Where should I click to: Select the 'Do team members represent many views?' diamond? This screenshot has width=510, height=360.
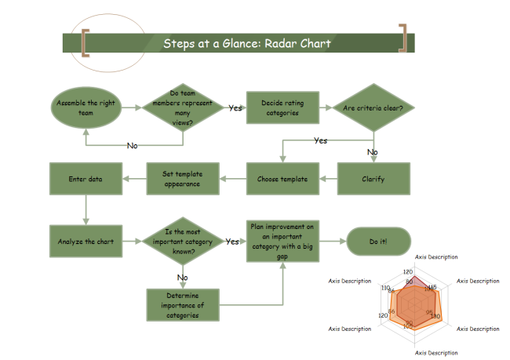[x=183, y=107]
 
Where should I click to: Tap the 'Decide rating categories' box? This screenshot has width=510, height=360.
[x=282, y=107]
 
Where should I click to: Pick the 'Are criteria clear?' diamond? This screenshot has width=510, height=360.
[x=373, y=107]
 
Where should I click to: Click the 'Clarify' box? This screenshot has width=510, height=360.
[x=373, y=179]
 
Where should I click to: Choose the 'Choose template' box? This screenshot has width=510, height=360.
[x=282, y=179]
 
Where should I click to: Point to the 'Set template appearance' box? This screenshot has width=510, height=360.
[x=183, y=179]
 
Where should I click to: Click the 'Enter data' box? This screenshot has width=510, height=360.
[x=86, y=179]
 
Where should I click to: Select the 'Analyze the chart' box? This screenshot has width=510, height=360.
[x=86, y=242]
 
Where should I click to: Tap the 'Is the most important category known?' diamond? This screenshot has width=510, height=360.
[x=183, y=242]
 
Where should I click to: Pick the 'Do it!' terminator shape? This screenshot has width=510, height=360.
[x=378, y=242]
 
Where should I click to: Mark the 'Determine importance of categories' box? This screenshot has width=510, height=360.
[x=183, y=305]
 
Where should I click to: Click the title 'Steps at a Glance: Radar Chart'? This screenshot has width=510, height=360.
[x=246, y=43]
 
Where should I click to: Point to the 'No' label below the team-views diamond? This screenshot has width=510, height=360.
[x=133, y=145]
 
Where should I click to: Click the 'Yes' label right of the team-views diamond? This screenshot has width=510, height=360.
[x=235, y=108]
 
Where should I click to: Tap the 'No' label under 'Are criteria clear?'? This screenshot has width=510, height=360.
[x=373, y=152]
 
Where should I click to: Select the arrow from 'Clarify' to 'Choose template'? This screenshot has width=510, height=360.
[x=328, y=179]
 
